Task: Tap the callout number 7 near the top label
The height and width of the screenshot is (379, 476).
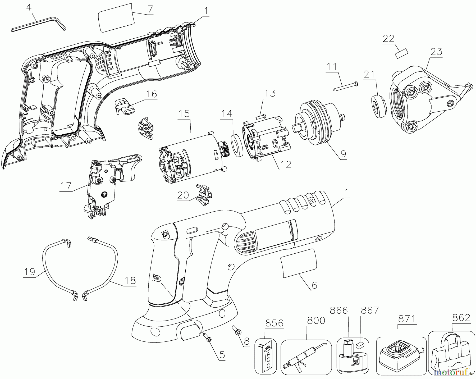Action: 150,9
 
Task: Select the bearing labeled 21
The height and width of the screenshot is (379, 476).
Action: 378,106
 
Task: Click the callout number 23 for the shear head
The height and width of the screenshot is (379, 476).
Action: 436,51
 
